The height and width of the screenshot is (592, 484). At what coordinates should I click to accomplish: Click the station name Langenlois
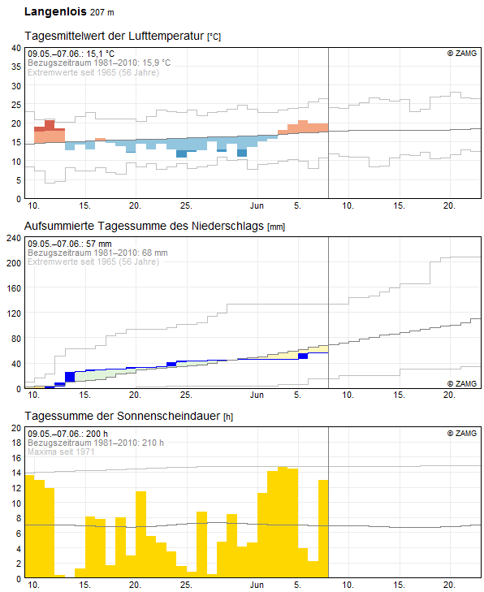coord(55,11)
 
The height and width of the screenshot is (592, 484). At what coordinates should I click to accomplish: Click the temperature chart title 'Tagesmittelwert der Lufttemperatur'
coord(115,36)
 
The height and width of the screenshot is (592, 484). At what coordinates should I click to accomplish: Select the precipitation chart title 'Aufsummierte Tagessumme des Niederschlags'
coord(144,226)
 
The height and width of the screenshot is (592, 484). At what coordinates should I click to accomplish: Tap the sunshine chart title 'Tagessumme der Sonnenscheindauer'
coord(123,416)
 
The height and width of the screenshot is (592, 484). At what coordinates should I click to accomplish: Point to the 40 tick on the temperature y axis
coord(16,48)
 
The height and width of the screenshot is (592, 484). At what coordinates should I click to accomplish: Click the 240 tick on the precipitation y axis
coord(14,238)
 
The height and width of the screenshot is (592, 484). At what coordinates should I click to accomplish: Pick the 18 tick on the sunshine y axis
coord(16,443)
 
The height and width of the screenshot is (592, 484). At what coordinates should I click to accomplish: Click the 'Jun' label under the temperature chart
coord(257,205)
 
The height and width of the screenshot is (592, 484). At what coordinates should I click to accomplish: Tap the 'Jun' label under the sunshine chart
coord(257,585)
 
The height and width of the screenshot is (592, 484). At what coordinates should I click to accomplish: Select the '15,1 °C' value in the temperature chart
coord(100,54)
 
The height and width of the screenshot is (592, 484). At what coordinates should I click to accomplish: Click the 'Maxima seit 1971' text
coord(61,452)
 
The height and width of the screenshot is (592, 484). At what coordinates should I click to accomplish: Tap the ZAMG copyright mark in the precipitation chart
coord(462,383)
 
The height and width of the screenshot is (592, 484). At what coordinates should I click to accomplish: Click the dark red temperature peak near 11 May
coord(50,124)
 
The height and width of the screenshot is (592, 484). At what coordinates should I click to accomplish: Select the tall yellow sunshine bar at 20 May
coord(140,534)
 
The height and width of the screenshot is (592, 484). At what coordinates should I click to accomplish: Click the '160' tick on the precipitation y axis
coord(14,288)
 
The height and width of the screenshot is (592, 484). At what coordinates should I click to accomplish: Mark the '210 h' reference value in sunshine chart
coord(153,443)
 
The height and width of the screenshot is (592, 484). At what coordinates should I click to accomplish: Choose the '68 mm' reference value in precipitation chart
coord(155,253)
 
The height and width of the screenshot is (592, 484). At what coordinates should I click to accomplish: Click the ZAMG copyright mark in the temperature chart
coord(462,54)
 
